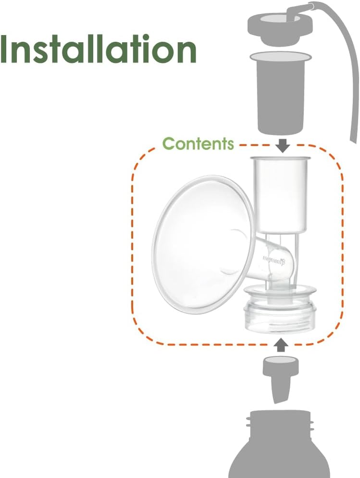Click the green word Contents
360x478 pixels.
click(198, 144)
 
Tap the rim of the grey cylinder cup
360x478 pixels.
click(280, 57)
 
